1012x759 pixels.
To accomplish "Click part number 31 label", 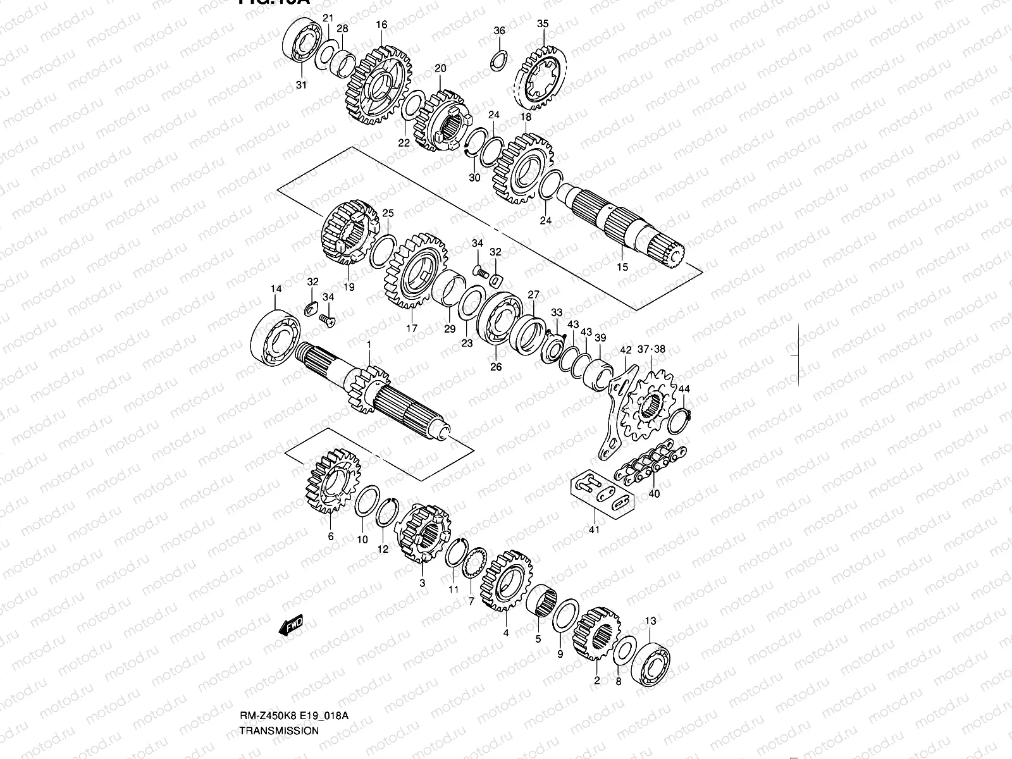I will pos(301,85).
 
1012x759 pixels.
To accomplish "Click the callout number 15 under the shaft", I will pos(622,267).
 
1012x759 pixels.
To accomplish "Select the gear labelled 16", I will pos(378,85).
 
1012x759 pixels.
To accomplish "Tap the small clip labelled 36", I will pos(498,59).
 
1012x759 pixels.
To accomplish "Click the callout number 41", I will pos(594,529).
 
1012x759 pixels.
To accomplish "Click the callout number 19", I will pos(348,287).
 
